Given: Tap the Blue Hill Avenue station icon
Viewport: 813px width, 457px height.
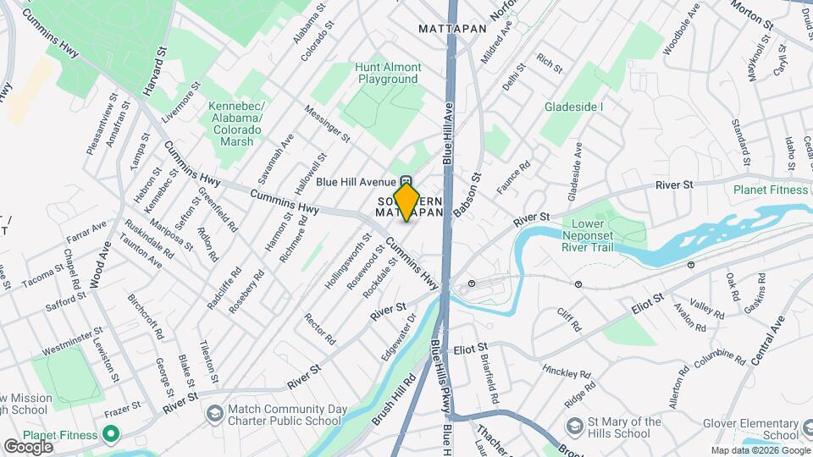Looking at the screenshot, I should coord(406,182).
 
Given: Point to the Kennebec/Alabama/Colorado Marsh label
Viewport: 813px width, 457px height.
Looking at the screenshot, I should coord(236,124).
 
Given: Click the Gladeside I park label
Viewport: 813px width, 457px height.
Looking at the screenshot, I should coord(574,107).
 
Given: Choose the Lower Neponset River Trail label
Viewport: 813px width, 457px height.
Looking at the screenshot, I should coord(599,235).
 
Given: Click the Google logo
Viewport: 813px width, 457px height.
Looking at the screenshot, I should coord(28,446).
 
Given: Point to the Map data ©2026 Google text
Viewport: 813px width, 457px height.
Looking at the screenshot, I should coord(760,450).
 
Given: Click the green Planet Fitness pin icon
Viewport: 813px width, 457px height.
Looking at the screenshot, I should coord(109,435).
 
